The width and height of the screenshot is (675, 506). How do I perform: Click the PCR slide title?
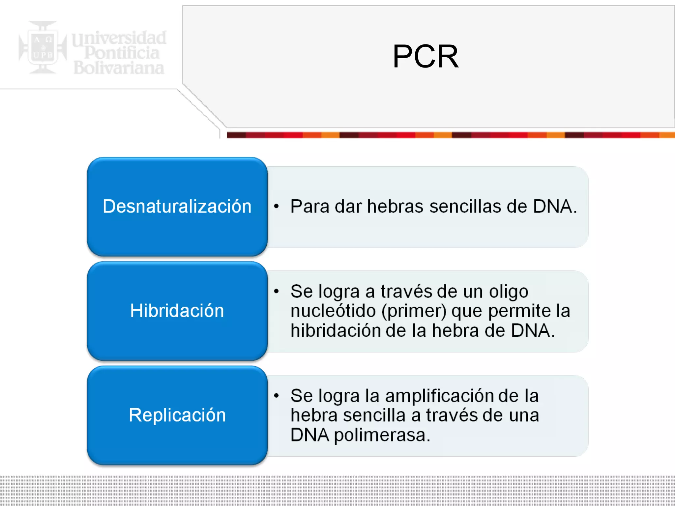(x=425, y=57)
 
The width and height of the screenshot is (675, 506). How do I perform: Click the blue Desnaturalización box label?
(x=177, y=207)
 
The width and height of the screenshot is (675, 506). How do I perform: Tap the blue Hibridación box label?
(x=177, y=311)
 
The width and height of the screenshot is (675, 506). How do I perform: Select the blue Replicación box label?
(x=177, y=415)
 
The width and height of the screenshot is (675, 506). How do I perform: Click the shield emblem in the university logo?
(x=43, y=48)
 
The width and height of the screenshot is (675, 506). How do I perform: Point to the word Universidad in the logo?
(x=119, y=38)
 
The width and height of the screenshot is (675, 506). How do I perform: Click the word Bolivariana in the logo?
(x=119, y=68)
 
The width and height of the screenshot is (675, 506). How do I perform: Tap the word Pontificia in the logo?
(x=122, y=53)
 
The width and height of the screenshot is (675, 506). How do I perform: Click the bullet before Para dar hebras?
(x=276, y=207)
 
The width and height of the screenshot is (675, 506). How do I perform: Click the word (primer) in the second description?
(x=414, y=311)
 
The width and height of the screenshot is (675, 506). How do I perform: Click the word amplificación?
(x=439, y=396)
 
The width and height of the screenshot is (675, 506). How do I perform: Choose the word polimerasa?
(x=382, y=435)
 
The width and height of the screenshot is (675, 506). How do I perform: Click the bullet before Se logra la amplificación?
(x=276, y=396)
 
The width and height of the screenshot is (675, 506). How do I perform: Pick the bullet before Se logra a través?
(x=276, y=291)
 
